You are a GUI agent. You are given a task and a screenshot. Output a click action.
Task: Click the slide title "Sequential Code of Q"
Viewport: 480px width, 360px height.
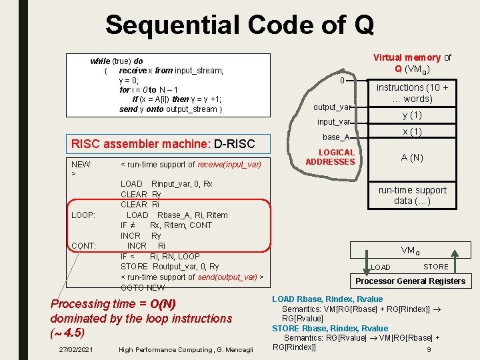click(x=239, y=25)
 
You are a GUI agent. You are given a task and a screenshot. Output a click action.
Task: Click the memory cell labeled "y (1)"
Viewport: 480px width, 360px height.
click(x=413, y=115)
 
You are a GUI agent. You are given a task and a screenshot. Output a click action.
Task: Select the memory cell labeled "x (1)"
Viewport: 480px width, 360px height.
click(x=413, y=132)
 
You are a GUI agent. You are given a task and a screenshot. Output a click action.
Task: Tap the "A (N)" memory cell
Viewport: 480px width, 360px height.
click(x=413, y=158)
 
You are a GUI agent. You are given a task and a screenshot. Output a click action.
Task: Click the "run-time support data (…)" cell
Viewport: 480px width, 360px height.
click(x=413, y=195)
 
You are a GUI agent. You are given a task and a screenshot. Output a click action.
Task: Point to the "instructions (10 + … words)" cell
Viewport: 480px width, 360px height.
click(x=413, y=93)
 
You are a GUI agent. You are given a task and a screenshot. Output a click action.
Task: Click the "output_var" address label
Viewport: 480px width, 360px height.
click(x=331, y=107)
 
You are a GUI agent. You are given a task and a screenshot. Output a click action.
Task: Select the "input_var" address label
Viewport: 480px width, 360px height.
click(x=334, y=122)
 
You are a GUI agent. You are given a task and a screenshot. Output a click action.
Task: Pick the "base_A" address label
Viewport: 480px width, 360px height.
click(x=336, y=137)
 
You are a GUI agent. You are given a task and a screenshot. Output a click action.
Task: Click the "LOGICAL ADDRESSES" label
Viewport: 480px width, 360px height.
click(x=330, y=157)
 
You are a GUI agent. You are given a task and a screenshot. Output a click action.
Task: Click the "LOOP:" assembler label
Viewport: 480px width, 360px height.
click(x=83, y=215)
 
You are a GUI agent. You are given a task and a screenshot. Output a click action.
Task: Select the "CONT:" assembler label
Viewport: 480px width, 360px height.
click(x=83, y=246)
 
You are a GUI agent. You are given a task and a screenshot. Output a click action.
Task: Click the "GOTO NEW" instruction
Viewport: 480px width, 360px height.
click(x=143, y=287)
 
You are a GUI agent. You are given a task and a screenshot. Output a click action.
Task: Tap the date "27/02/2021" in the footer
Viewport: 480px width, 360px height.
click(x=75, y=349)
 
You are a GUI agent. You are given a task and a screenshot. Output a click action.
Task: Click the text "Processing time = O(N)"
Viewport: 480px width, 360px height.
click(x=113, y=304)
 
